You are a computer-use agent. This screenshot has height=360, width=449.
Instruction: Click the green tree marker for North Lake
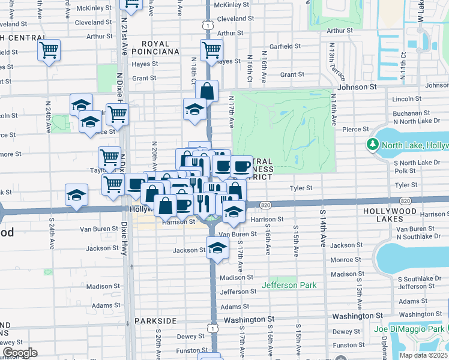tap(372, 145)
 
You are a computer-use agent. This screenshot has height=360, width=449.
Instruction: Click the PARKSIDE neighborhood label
tap(155, 321)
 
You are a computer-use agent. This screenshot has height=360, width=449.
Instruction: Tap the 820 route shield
tap(265, 206)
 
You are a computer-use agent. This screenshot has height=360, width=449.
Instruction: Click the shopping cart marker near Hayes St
tap(211, 50)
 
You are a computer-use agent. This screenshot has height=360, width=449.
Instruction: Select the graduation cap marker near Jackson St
tap(217, 247)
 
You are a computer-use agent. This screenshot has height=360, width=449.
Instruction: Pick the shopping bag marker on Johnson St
tap(206, 92)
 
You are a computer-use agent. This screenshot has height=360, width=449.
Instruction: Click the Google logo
tap(20, 353)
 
